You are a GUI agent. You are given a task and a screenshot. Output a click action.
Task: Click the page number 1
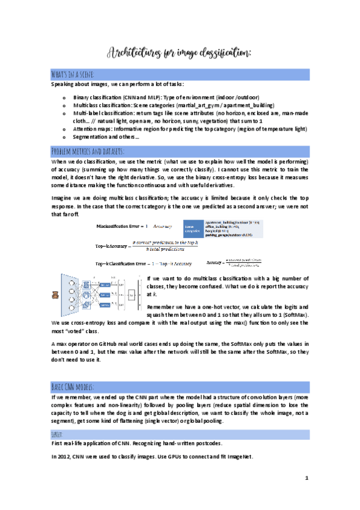click(306, 479)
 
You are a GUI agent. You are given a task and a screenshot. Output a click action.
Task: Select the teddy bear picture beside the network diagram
click(55, 295)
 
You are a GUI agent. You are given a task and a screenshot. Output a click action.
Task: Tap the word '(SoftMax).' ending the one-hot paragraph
click(293, 315)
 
